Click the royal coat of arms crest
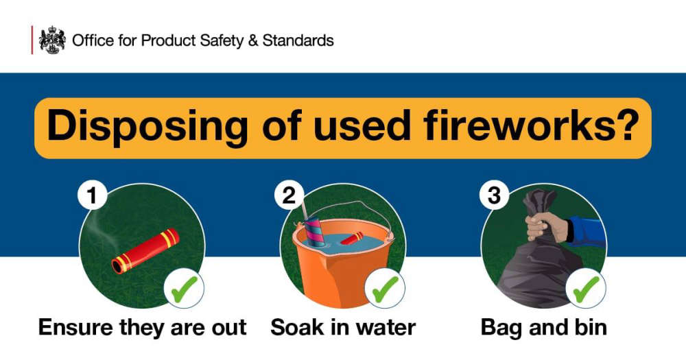(53, 40)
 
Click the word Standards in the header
(298, 40)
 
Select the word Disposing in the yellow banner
(147, 126)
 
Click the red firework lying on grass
(145, 251)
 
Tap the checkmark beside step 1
(184, 289)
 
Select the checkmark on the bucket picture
(385, 289)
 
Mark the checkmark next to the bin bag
(586, 289)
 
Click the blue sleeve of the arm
(589, 231)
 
